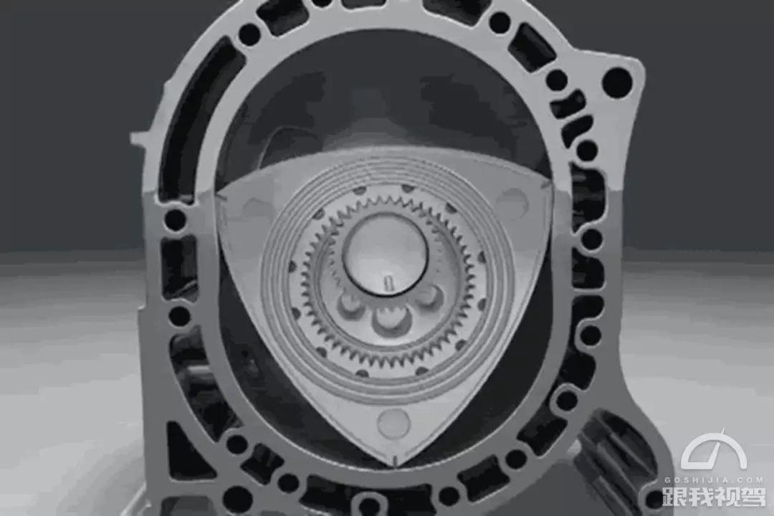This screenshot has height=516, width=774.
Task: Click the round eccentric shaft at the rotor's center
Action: (385, 255)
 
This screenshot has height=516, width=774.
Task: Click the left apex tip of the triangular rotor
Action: (218, 196)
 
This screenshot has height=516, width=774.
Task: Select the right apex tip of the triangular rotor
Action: (546, 186)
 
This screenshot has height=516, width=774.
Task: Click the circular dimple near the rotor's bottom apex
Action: (393, 423)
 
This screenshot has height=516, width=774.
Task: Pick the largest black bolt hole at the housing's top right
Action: (616, 80)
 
